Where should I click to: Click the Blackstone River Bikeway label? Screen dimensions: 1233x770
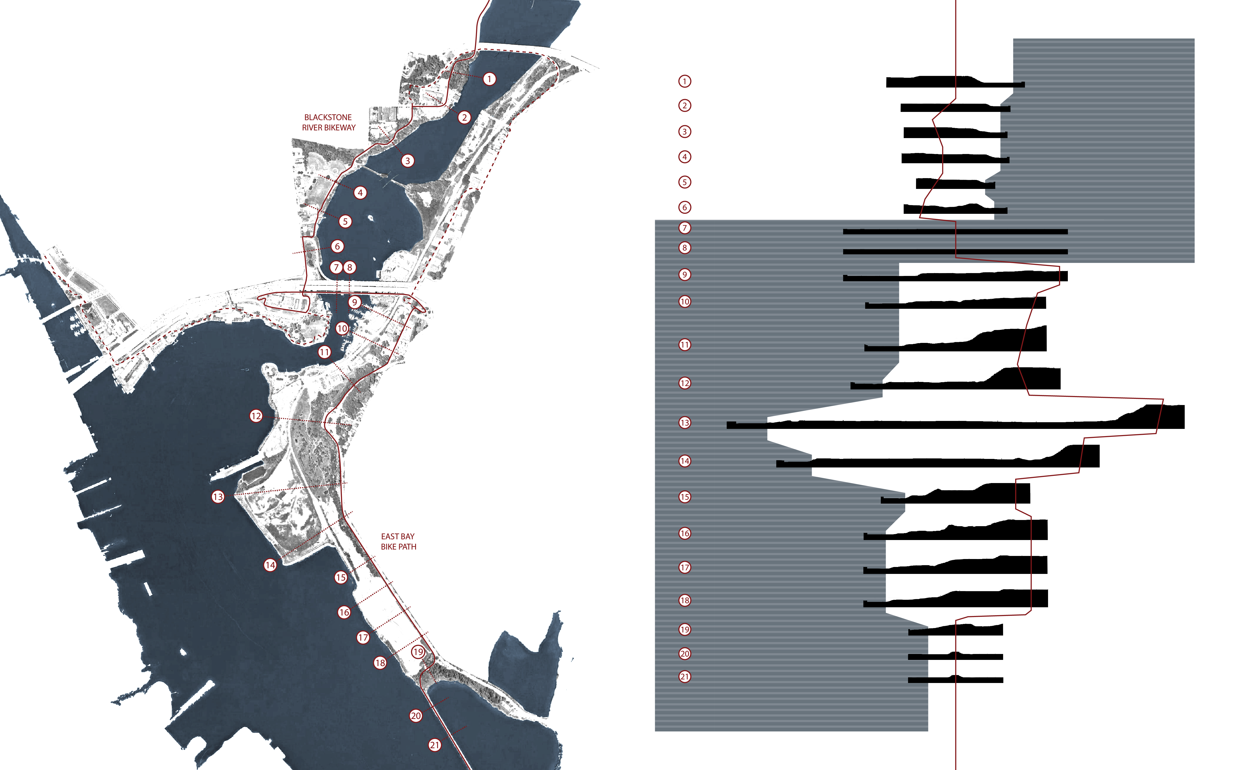tap(329, 122)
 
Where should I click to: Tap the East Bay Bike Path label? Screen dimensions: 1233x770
tap(398, 541)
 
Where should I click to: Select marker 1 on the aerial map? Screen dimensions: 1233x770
tap(489, 79)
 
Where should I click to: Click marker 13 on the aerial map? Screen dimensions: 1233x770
tap(218, 497)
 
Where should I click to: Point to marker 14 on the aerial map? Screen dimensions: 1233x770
tap(270, 565)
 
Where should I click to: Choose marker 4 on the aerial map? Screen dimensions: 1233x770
tap(360, 192)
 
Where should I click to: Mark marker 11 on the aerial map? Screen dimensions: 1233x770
tap(324, 352)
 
